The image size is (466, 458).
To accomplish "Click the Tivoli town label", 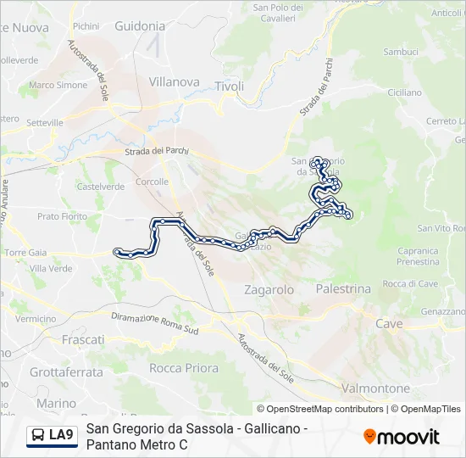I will click(230, 87).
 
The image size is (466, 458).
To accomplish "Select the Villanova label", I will click(174, 82).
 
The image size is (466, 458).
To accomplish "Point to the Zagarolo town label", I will click(269, 289).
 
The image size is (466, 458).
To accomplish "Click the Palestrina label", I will click(343, 288).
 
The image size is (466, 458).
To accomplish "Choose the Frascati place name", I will click(83, 338).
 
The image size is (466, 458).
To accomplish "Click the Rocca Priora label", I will click(184, 368).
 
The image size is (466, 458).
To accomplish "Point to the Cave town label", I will click(389, 324).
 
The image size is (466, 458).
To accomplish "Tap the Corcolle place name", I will click(152, 182).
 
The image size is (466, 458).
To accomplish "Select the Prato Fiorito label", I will click(62, 216).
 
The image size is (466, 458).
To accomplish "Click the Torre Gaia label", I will click(25, 253).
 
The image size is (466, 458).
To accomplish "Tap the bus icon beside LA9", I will click(38, 436).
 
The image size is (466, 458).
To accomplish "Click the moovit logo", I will click(402, 437).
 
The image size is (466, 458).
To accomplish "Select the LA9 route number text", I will click(61, 436).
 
